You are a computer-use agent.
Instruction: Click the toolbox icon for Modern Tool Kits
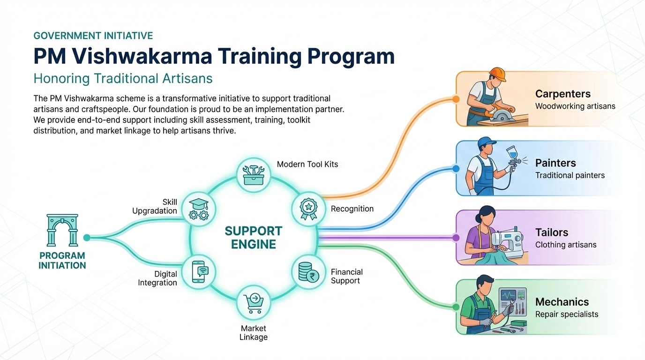pos(254,175)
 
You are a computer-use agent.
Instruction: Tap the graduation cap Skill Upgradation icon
pos(199,210)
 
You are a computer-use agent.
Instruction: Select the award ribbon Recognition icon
pos(308,209)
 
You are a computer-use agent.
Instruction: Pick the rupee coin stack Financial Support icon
pos(308,272)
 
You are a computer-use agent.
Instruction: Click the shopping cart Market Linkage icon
pos(254,303)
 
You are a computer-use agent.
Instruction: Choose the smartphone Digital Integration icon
pos(200,272)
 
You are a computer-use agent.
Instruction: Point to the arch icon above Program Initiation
pos(62,230)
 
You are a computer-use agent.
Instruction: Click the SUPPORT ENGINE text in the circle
pos(254,238)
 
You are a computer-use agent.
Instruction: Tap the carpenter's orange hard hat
pos(497,75)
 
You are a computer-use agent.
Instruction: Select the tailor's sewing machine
pos(507,241)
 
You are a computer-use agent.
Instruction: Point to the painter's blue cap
pos(486,142)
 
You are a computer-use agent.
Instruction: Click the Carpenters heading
pos(562,94)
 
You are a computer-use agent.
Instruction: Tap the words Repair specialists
pos(567,314)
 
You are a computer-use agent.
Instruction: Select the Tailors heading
pos(552,232)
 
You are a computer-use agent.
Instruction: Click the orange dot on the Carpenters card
pos(456,99)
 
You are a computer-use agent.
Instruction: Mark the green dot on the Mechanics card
pos(456,307)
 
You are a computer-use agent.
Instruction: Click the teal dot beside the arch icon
pos(87,238)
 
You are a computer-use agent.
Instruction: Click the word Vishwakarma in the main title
pos(142,56)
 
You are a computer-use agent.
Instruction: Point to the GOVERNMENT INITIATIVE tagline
pos(93,36)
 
